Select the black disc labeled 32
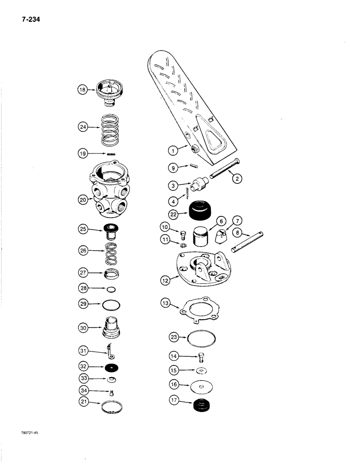[111, 368]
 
